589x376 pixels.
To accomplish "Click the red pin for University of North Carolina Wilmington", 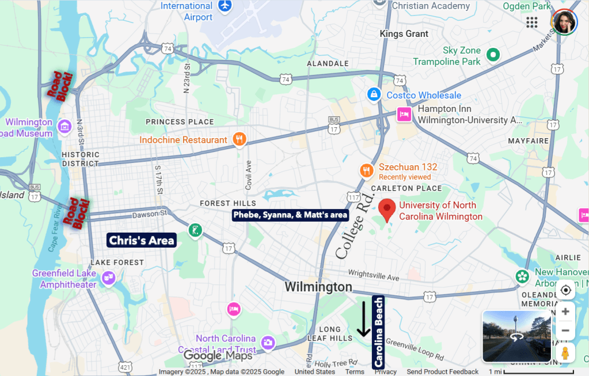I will (x=387, y=210).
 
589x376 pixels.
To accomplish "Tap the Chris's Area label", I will (x=142, y=241).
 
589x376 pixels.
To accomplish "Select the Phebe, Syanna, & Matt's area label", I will (x=290, y=215).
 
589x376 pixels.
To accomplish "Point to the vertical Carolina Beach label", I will (x=378, y=332).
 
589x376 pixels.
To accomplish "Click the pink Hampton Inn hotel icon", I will (x=404, y=114).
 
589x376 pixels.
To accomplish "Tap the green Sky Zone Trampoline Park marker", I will (x=492, y=55).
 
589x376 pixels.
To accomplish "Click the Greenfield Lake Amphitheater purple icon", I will (x=108, y=279).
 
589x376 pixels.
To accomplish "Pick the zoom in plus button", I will (x=565, y=312).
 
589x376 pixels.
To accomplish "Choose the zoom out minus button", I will (x=565, y=331).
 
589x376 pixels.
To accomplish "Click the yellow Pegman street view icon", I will (x=565, y=352).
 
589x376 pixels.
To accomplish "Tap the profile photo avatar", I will (x=564, y=22).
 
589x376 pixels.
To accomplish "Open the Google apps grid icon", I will (x=532, y=22).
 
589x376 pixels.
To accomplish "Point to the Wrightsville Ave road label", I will (x=373, y=278).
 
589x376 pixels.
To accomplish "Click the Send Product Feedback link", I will (x=443, y=371).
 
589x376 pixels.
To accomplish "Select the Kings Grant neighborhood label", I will (x=404, y=34).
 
